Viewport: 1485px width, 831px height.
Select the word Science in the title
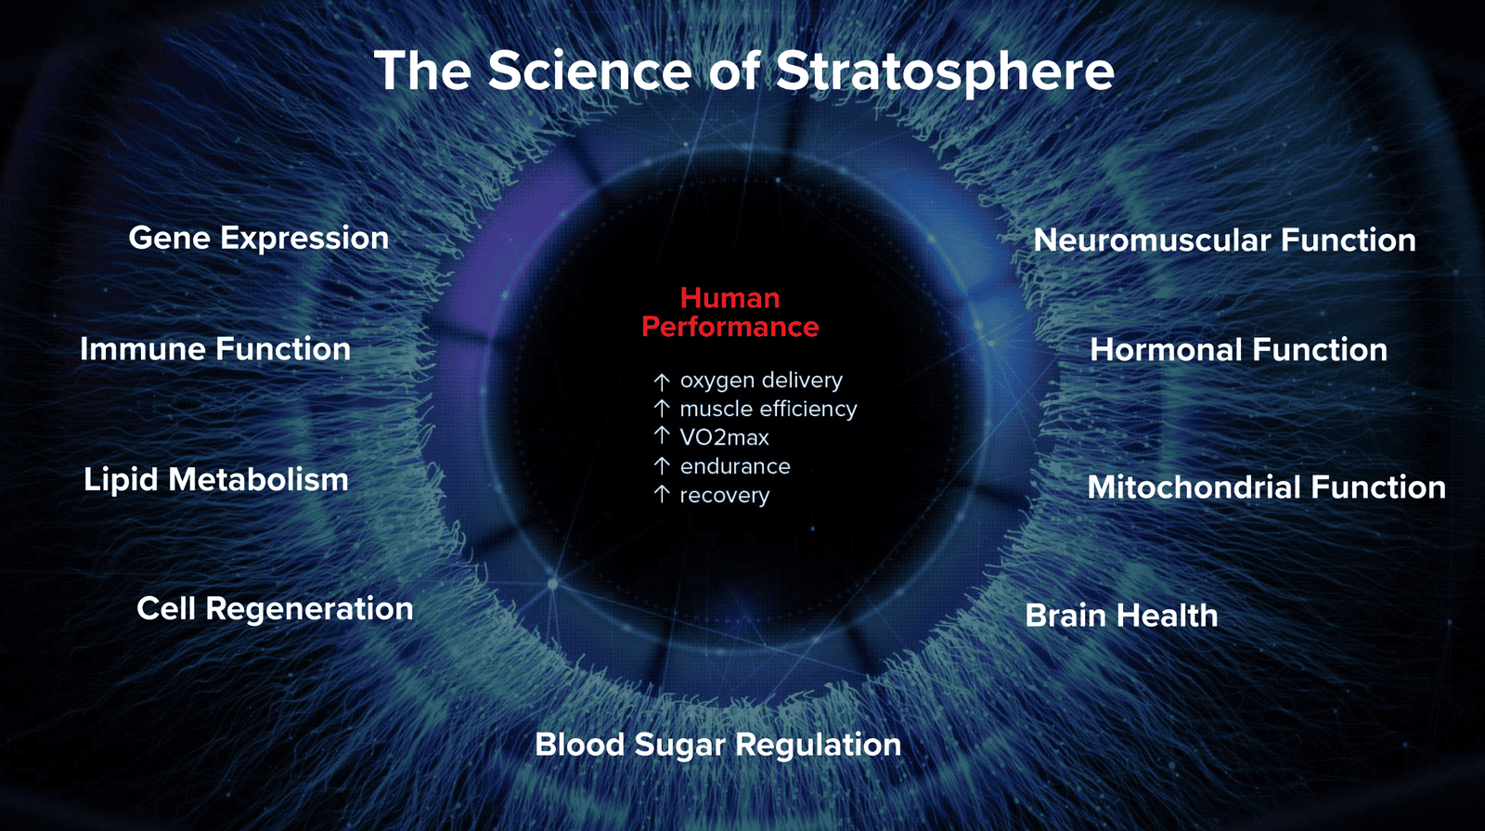590,71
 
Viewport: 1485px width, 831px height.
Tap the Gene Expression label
259,239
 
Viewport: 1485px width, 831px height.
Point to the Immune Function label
215,349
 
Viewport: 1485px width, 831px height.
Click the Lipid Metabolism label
216,479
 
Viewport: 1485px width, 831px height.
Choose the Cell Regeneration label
275,609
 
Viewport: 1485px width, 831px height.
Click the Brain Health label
1122,616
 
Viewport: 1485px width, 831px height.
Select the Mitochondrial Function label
1266,487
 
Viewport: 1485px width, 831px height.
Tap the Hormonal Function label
1238,349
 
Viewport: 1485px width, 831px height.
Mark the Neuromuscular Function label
1224,240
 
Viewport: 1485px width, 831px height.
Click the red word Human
730,298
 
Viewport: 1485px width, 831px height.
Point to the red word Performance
730,327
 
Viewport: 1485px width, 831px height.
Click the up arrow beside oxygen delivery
661,382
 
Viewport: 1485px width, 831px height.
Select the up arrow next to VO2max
661,435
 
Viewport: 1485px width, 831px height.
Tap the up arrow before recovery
661,494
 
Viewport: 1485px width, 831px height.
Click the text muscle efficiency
768,409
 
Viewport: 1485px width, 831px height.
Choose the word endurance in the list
735,466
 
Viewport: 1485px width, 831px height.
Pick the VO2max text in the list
725,437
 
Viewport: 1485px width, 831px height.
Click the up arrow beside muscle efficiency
661,408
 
